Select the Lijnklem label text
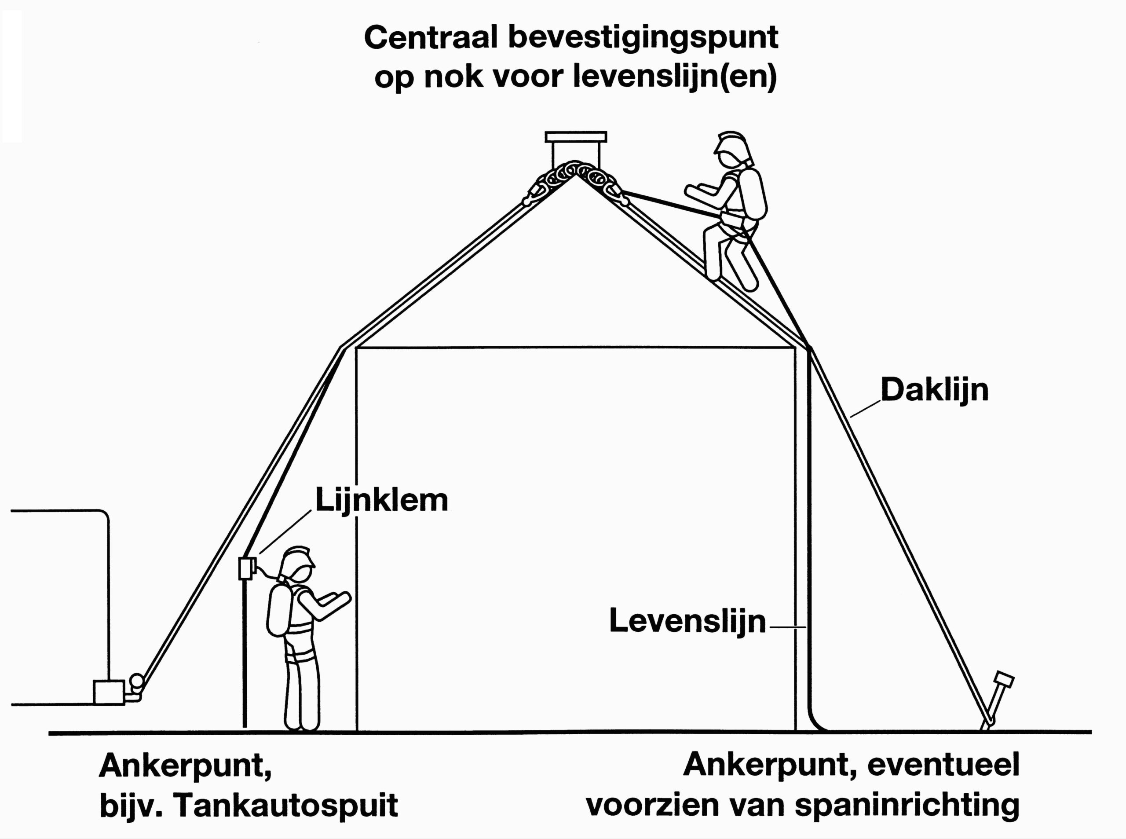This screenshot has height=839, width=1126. [x=382, y=500]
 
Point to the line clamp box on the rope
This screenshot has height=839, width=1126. [x=246, y=568]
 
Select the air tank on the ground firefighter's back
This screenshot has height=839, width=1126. [x=279, y=609]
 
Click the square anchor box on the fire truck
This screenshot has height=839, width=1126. [x=109, y=692]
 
